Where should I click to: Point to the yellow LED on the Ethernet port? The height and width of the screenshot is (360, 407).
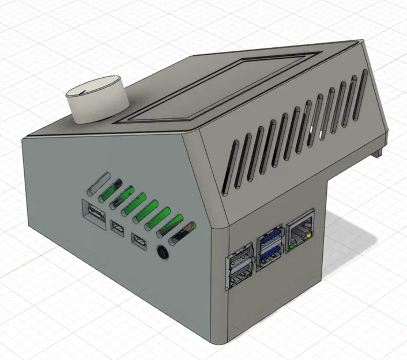[312, 236]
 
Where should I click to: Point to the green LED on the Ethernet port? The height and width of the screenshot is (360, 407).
[292, 247]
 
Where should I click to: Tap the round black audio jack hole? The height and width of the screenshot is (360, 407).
[164, 252]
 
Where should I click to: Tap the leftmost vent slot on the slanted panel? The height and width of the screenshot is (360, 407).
[227, 173]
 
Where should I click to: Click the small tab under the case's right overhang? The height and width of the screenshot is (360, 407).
[378, 153]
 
